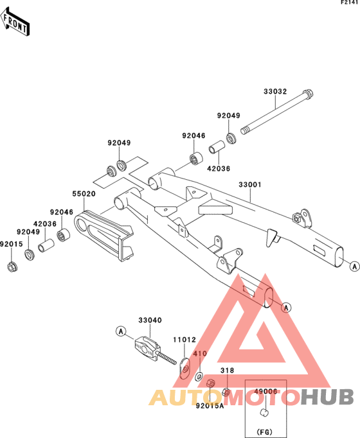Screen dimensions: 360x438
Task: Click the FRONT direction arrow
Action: (x=15, y=22)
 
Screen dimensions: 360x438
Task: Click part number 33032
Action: (x=275, y=92)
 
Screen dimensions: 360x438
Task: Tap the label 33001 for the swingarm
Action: (x=250, y=185)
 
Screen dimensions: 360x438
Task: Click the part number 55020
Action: (x=84, y=193)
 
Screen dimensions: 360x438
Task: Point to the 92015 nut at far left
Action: (x=12, y=267)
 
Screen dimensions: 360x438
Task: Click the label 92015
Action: (x=11, y=244)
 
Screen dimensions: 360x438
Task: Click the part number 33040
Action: (x=150, y=320)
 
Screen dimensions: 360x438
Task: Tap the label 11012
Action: (x=184, y=340)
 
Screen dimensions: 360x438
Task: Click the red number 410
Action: (x=200, y=354)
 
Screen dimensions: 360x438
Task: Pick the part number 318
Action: (x=227, y=371)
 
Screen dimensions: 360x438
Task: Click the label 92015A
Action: (x=210, y=406)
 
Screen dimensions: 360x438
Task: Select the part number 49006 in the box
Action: (x=265, y=392)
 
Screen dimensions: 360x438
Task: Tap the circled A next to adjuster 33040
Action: (x=121, y=331)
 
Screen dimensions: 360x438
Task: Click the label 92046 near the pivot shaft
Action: (x=194, y=136)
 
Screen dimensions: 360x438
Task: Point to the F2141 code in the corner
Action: (x=349, y=3)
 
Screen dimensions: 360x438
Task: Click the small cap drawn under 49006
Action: (x=264, y=412)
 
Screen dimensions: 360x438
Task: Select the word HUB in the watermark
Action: (x=328, y=397)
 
